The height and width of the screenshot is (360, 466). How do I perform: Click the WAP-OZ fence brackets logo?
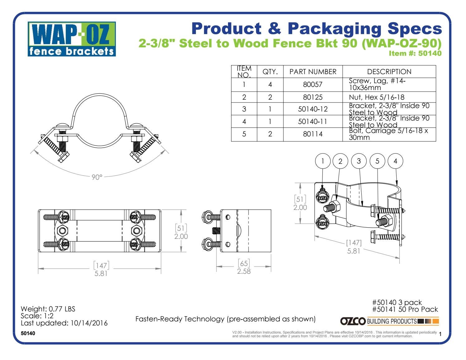pos(72,39)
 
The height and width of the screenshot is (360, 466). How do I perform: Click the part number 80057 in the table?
pos(312,84)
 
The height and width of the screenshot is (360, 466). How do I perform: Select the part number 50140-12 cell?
pos(312,109)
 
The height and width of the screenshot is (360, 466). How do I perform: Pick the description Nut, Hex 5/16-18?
pos(376,97)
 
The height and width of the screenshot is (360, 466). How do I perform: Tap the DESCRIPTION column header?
pos(389,72)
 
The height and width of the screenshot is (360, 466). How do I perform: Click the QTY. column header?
pos(270,72)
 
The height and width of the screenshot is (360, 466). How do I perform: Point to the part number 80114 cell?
pos(312,134)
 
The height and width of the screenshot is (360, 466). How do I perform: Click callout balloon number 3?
pos(359,161)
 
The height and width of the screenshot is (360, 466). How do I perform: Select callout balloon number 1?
pos(323,161)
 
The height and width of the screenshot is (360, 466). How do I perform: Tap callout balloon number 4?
pos(395,161)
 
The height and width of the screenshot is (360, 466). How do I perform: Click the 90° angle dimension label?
pos(97,177)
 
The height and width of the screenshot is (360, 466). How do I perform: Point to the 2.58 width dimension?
pos(244,271)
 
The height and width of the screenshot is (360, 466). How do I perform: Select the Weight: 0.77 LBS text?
pos(48,309)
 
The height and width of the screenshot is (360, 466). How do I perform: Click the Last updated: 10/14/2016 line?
pos(64,323)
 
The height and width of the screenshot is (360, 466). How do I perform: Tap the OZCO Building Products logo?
pos(389,321)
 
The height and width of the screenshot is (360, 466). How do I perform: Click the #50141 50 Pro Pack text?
pos(405,309)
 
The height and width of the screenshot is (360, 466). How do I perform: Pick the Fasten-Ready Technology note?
pos(226,319)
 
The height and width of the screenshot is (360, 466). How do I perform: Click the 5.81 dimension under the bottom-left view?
pos(101,274)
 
